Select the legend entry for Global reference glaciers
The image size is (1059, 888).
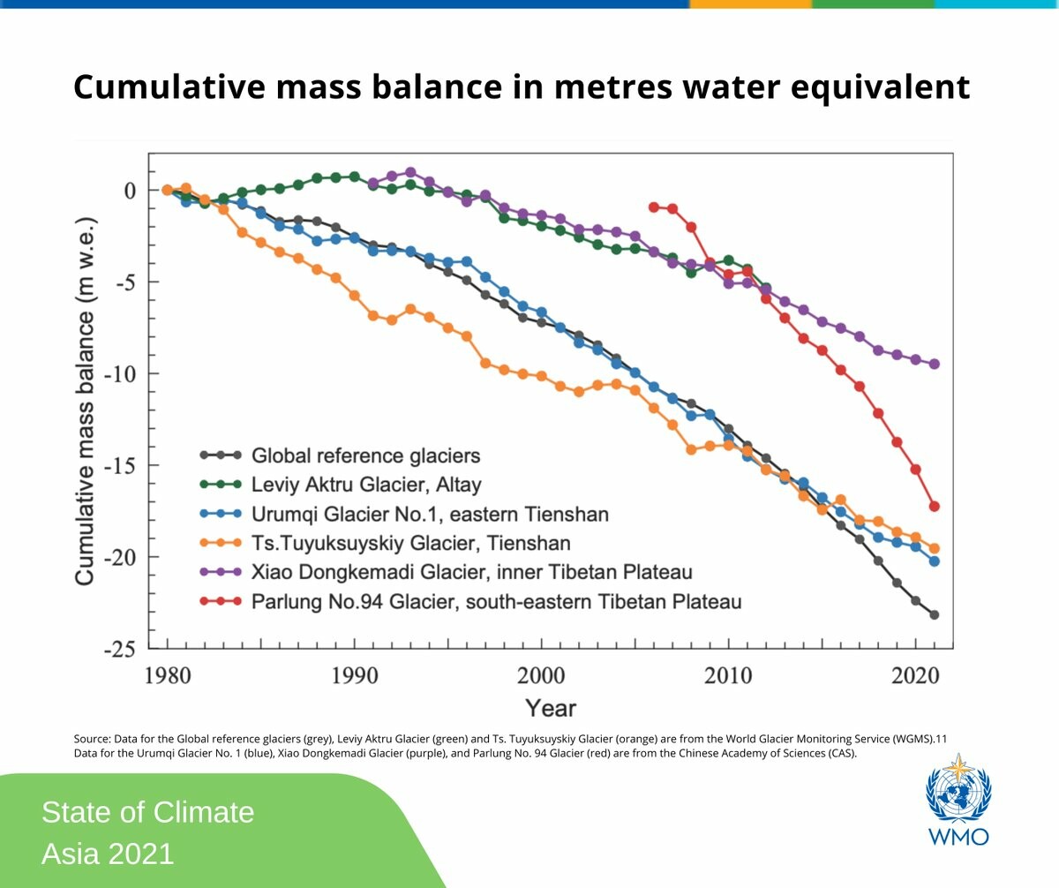pos(365,455)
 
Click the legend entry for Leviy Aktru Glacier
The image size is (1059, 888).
pos(366,485)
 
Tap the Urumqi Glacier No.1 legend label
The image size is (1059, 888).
pos(430,514)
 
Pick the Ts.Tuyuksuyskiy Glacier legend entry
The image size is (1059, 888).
pos(410,543)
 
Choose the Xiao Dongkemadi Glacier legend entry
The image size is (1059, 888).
pos(471,572)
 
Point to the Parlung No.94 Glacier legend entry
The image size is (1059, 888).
pos(496,602)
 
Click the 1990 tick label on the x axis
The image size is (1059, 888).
pos(355,676)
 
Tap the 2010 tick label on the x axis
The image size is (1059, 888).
pos(728,676)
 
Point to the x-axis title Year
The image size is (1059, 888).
pos(551,708)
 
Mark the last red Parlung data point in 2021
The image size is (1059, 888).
pos(934,506)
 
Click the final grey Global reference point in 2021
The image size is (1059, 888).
pos(934,614)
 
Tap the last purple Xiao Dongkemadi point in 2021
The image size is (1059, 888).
pos(934,364)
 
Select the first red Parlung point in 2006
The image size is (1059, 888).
pos(654,207)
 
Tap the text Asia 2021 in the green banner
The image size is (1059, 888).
pos(108,854)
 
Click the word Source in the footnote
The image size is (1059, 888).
pos(89,737)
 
